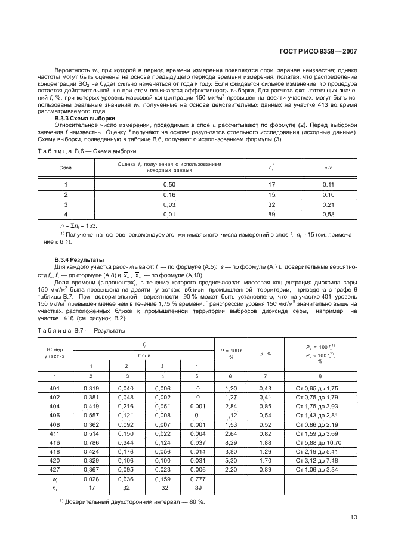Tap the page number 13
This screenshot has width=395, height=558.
pos(354,517)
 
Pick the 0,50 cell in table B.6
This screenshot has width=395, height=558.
pos(169,185)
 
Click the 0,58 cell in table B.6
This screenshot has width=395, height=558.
pos(327,213)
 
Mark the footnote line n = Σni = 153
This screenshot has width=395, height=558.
pos(78,226)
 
